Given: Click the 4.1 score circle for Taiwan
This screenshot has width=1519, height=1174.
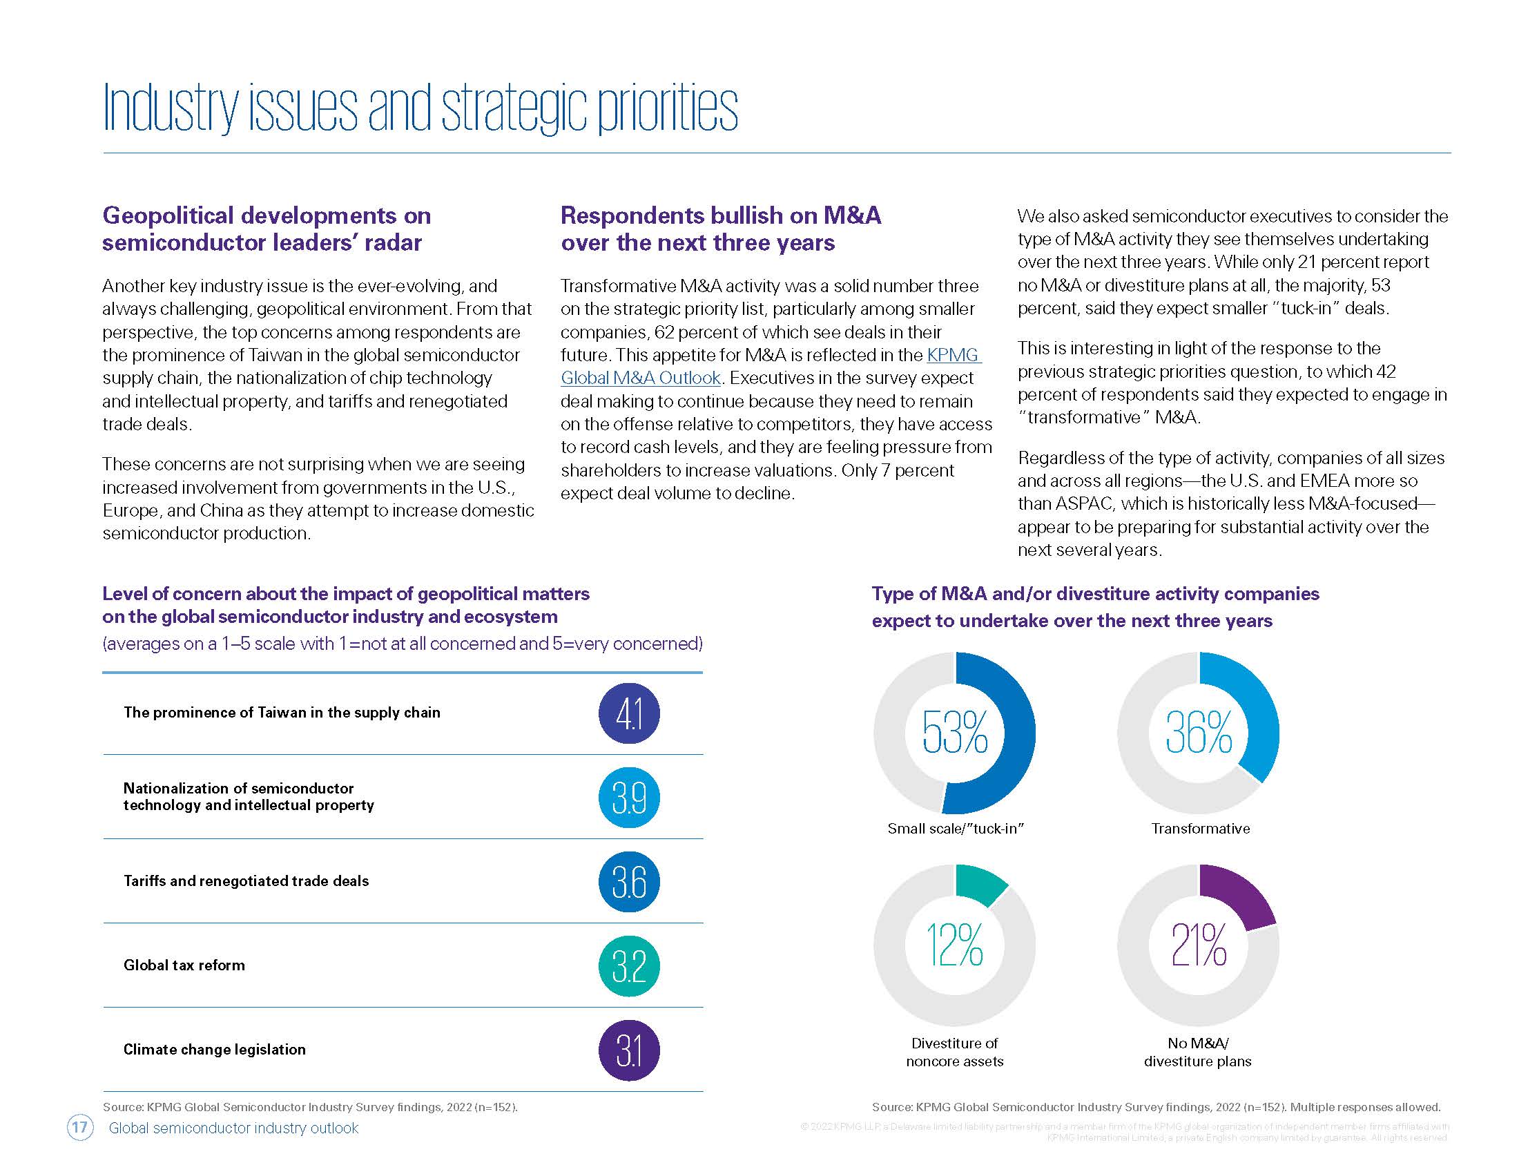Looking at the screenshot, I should pos(629,713).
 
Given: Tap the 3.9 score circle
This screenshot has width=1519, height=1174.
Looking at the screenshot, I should pos(629,797).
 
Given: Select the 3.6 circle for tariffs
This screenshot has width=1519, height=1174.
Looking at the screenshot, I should pos(629,882).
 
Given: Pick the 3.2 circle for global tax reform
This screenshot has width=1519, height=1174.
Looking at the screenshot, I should pos(629,966).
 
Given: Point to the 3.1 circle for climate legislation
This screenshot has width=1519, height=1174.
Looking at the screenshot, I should pos(629,1050).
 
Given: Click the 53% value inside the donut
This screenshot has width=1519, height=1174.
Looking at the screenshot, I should pos(954,732).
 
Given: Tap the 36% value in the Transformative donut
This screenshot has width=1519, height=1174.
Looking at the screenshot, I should pos(1199,732).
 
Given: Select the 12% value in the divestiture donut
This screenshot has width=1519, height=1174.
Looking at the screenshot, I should pos(954,945).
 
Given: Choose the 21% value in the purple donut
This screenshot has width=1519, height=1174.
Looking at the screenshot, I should pos(1199,945).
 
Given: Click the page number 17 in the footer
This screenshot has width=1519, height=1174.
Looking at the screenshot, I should pos(80,1128).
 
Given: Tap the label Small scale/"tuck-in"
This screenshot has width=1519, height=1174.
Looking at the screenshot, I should pos(956,828).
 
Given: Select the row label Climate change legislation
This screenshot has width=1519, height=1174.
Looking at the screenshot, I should pos(214,1050).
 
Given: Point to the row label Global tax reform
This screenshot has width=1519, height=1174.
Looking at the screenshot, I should pos(184,965).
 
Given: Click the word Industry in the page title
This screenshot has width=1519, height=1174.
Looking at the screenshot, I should pos(170,108).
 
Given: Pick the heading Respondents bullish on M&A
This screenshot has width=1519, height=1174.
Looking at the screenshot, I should pos(721,215).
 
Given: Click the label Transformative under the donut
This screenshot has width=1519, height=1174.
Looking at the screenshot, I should pos(1201,828).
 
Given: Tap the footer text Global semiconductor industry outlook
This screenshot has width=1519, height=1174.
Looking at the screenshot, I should pos(233,1128).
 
